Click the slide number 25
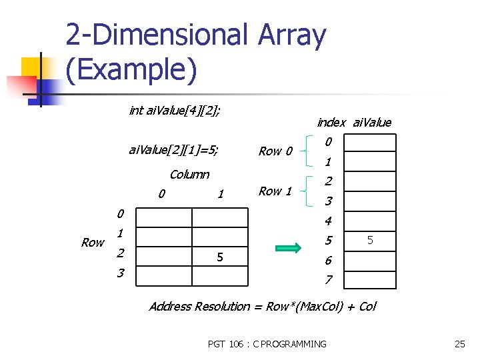point(459,344)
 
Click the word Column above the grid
point(189,175)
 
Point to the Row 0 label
point(275,151)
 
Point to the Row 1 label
point(275,191)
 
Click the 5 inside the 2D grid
point(219,257)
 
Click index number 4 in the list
point(328,220)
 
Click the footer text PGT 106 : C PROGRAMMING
point(267,344)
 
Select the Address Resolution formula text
point(262,307)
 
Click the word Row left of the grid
point(93,243)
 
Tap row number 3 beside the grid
point(120,273)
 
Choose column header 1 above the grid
point(220,194)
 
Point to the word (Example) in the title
point(131,70)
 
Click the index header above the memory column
point(331,122)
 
